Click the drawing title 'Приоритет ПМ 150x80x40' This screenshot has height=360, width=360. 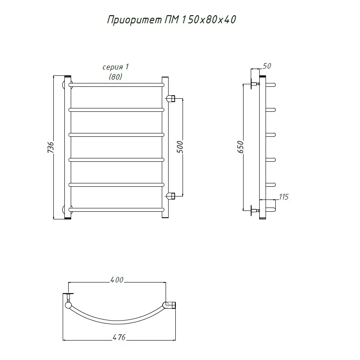[172, 20]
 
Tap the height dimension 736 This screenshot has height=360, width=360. [51, 147]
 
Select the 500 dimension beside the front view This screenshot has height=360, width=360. [180, 147]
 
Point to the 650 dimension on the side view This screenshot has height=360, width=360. [240, 147]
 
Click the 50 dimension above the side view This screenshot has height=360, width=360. [267, 66]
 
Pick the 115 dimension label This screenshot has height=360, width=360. [283, 197]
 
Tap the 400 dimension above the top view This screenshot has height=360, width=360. [117, 280]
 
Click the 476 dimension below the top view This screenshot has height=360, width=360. [119, 337]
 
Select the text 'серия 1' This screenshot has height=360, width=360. [116, 67]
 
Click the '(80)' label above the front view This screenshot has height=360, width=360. [116, 77]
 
